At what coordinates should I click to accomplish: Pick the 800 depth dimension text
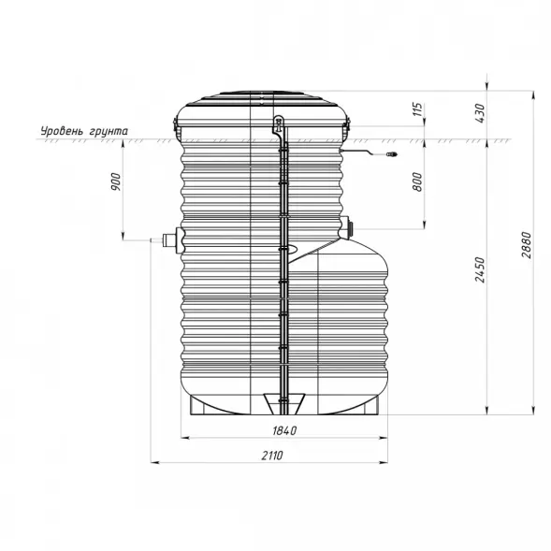pos(417,183)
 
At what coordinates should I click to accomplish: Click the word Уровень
pos(61,131)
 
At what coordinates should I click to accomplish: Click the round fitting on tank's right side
pos(350,225)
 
